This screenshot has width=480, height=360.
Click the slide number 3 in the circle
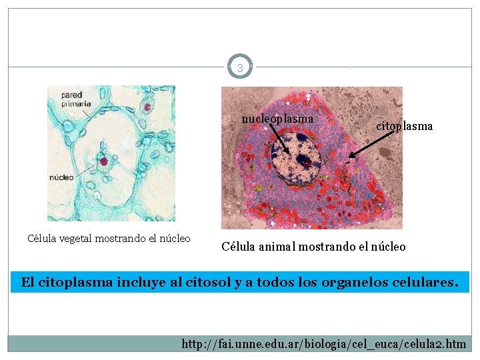click(240, 67)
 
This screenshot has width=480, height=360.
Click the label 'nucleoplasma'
click(277, 118)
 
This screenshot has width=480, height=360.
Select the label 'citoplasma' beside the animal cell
click(405, 125)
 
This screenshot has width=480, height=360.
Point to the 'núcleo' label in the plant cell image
click(61, 177)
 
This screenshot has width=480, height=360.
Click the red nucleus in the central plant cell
click(103, 160)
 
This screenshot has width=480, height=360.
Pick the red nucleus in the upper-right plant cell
click(147, 106)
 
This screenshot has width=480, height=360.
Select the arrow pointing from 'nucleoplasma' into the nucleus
click(281, 141)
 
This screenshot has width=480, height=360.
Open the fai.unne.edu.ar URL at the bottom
click(323, 344)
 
